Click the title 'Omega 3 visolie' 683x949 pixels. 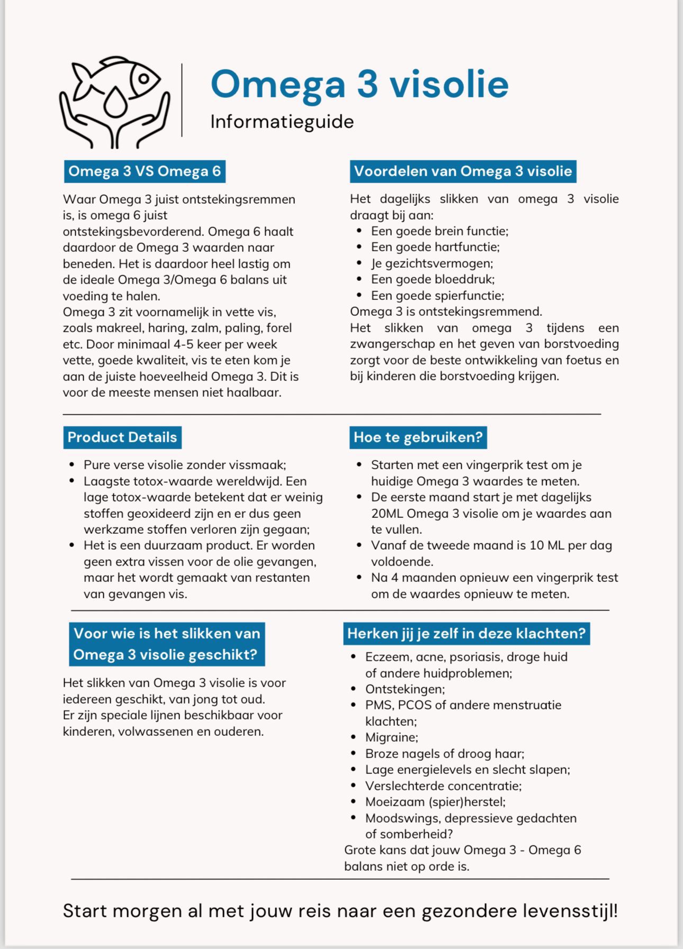coord(360,84)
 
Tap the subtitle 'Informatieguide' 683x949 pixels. coord(282,122)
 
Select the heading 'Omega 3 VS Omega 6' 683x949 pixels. coord(145,171)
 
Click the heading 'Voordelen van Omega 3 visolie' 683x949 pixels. coord(463,171)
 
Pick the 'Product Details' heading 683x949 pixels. coord(122,437)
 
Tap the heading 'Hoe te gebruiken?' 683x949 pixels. coord(418,437)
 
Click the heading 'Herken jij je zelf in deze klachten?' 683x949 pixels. coord(466,634)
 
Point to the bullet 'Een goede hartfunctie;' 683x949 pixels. coord(435,247)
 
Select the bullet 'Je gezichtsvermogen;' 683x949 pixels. coord(432,263)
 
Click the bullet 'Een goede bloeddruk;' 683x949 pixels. coord(433,279)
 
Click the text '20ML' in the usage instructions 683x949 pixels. coord(387,514)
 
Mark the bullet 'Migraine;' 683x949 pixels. coord(391,737)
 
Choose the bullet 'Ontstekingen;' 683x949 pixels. coord(405,689)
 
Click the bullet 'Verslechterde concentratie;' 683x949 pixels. coord(443,786)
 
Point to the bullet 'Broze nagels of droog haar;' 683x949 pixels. coord(444,754)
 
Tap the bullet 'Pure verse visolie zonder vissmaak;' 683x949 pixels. coord(184,465)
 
